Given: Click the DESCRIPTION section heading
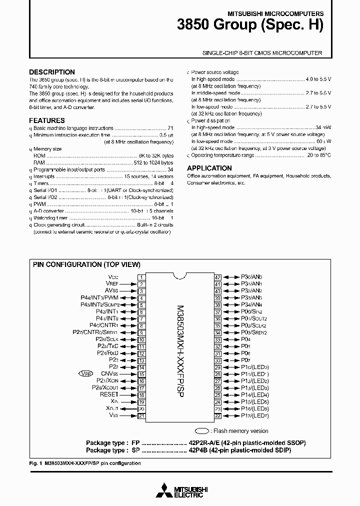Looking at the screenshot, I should pyautogui.click(x=52, y=72).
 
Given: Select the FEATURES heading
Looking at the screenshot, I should pyautogui.click(x=47, y=120).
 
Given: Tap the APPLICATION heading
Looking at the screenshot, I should pyautogui.click(x=209, y=168).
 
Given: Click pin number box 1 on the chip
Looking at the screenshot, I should pyautogui.click(x=142, y=277).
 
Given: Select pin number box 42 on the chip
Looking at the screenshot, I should pyautogui.click(x=217, y=277).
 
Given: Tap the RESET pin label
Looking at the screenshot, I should pyautogui.click(x=109, y=394).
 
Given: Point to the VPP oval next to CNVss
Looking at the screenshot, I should pyautogui.click(x=85, y=373).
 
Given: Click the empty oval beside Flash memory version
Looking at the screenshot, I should pyautogui.click(x=202, y=430).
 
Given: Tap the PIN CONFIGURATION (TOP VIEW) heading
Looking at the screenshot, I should pyautogui.click(x=86, y=264).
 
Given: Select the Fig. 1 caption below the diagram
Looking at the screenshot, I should pyautogui.click(x=84, y=463).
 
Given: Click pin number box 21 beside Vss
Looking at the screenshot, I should pyautogui.click(x=142, y=415).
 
